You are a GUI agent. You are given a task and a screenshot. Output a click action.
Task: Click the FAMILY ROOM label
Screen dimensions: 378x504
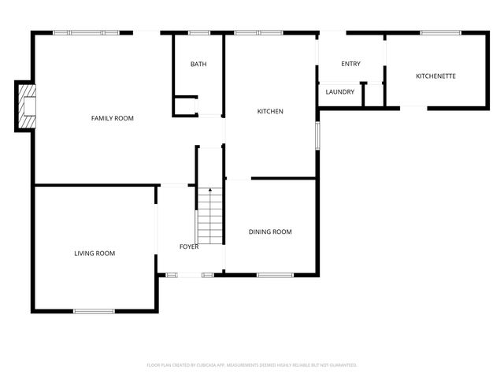coord(112,118)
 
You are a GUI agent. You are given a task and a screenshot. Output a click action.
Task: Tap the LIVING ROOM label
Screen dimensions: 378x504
coord(94,253)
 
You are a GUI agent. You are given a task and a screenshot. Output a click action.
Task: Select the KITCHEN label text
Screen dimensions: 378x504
coord(270,111)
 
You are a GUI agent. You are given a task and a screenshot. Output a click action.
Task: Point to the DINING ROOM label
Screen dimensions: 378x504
coord(270,232)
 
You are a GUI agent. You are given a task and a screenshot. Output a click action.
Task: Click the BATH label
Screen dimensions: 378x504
coord(198,64)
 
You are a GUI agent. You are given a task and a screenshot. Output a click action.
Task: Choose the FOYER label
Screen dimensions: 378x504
coord(189,246)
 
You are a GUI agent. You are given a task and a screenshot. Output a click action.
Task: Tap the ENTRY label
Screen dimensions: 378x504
coord(350,64)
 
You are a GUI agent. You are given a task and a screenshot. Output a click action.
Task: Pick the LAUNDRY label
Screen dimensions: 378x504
coord(339,92)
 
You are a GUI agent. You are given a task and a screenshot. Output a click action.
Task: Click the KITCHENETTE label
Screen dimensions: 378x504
coord(435,76)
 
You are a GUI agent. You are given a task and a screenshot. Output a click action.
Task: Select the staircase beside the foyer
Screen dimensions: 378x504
coord(210,218)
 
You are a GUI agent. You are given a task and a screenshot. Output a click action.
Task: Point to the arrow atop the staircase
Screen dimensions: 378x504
coord(210,191)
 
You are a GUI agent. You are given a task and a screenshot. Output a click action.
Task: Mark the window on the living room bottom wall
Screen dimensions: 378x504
coord(94,311)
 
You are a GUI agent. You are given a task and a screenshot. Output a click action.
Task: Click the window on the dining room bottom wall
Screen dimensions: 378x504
coord(275,275)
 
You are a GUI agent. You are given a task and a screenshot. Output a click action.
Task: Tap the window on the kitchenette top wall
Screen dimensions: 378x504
coord(440,32)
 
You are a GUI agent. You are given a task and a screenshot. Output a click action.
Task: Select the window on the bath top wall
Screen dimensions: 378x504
coord(199,32)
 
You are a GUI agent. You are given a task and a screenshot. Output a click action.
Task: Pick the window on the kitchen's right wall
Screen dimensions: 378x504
coord(317,135)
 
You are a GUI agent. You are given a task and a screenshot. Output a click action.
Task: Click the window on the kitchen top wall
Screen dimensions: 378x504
coord(258,32)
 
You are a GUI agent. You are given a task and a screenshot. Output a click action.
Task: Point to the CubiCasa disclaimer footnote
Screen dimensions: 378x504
coord(252,365)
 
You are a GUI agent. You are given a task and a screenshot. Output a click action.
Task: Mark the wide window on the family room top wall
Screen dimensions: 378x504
coord(86,32)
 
